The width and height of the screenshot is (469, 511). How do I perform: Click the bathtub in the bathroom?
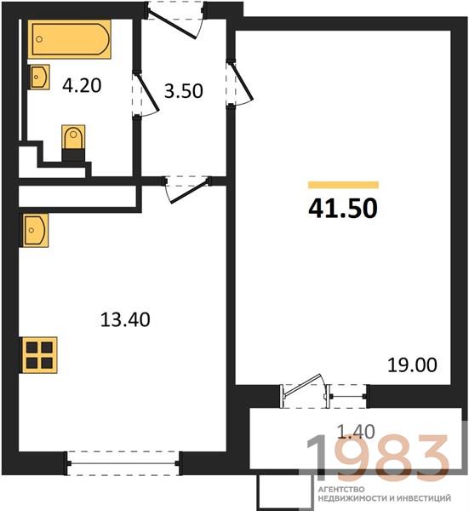coord(70,39)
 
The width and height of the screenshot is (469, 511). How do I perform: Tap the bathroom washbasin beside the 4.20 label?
coord(40,77)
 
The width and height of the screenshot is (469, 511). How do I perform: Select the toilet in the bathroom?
coord(73,142)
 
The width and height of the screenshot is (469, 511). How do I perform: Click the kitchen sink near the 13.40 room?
coord(35,230)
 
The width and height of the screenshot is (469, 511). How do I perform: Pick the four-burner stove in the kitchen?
coord(39,355)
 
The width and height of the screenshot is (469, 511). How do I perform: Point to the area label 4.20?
coord(82,86)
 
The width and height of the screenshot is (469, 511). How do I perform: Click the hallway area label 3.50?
coord(184,91)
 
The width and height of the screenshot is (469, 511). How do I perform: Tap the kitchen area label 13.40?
coord(125,319)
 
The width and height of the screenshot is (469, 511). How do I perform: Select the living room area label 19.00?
coord(412,365)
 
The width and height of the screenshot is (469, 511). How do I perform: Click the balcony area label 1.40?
coord(356,432)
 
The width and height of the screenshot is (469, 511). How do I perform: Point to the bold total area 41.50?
coord(343,209)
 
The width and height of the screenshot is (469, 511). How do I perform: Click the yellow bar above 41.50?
coord(344,185)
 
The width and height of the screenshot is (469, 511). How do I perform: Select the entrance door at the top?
coord(174,20)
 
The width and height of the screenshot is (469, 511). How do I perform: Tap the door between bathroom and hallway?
coord(145,94)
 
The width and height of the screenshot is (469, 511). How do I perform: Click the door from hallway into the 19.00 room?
coord(239,83)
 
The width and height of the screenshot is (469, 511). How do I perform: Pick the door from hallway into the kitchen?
coord(187,190)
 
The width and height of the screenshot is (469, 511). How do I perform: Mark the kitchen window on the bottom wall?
coord(123,463)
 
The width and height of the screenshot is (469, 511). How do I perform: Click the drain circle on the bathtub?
coord(39,39)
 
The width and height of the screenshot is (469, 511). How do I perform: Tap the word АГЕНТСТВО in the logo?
coord(340,490)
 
